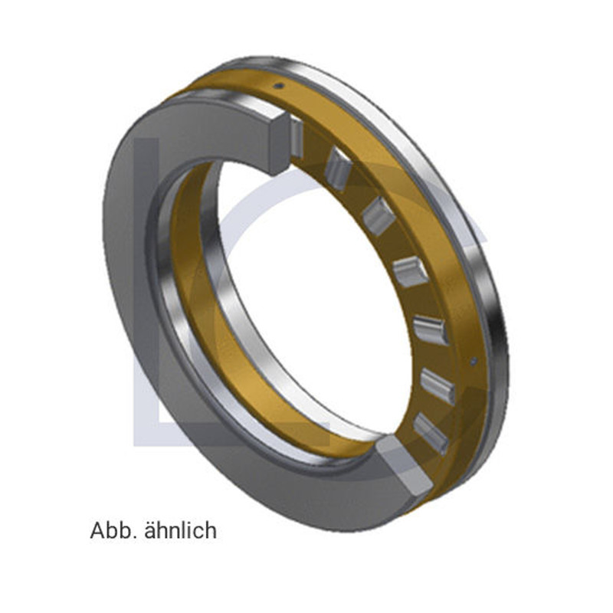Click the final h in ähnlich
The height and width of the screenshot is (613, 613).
(x=211, y=530)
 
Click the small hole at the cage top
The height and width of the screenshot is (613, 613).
(x=280, y=86)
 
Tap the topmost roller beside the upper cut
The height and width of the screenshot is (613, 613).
(x=297, y=138)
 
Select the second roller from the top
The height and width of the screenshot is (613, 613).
(x=337, y=169)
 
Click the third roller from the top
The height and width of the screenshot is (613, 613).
(x=378, y=216)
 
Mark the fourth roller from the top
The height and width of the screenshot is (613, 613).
(x=411, y=272)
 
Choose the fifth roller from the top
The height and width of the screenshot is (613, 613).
(x=431, y=329)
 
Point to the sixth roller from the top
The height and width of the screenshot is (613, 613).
(x=438, y=385)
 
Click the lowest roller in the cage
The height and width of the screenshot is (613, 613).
(x=431, y=433)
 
